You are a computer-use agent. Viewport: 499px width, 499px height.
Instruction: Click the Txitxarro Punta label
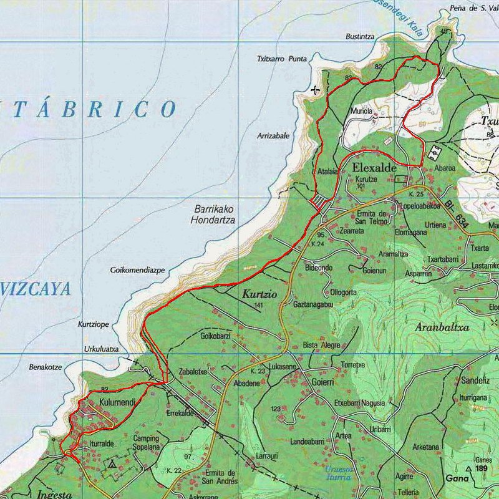(x=282, y=59)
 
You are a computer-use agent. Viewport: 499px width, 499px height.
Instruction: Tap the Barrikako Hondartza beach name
(x=214, y=215)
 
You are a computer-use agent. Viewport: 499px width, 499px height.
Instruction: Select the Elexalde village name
(x=374, y=168)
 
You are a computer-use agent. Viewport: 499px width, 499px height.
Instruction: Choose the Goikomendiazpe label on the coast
(x=137, y=271)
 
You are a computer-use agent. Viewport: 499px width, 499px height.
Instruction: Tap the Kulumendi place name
(x=117, y=404)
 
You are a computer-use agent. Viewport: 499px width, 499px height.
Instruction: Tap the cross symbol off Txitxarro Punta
(x=316, y=90)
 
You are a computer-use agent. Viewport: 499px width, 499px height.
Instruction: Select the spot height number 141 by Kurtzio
(x=258, y=305)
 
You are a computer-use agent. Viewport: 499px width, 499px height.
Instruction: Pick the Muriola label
(x=361, y=112)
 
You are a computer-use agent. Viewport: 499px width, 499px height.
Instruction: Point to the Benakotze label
(x=46, y=367)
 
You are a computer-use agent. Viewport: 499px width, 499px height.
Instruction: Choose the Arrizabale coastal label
(x=273, y=135)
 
